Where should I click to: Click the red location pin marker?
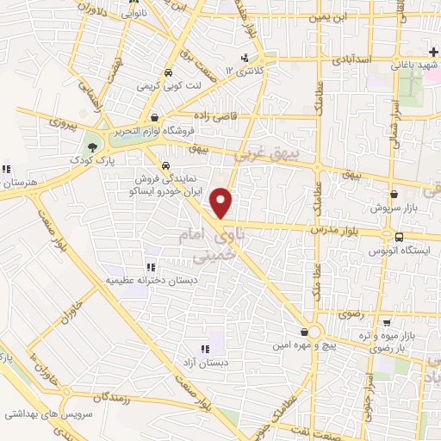click(x=222, y=202)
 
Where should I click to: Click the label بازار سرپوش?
click(x=394, y=208)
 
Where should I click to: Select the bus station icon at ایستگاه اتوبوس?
click(x=398, y=237)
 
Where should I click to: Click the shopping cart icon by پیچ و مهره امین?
click(x=305, y=332)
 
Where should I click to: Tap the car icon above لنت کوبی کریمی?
click(x=171, y=73)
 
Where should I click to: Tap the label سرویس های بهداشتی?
click(x=38, y=414)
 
